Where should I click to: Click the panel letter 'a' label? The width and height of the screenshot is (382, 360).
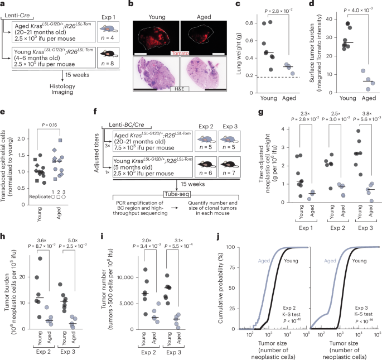3,4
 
